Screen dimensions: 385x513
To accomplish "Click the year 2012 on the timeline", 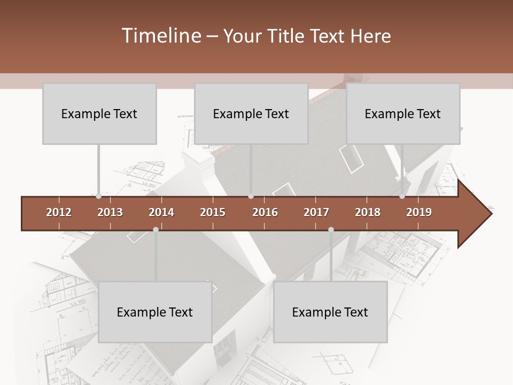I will pyautogui.click(x=59, y=212).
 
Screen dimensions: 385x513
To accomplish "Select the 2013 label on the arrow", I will pyautogui.click(x=110, y=212).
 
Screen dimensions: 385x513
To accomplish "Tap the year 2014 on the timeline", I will pyautogui.click(x=161, y=212).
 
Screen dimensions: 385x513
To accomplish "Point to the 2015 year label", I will pyautogui.click(x=213, y=212).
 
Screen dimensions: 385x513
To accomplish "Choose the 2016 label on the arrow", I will pyautogui.click(x=265, y=212).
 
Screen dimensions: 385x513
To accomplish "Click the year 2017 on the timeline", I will pyautogui.click(x=316, y=212).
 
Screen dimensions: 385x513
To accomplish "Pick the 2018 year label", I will pyautogui.click(x=368, y=212).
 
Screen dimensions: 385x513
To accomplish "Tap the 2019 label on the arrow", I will pyautogui.click(x=419, y=212).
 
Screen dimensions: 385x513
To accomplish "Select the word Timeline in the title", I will pyautogui.click(x=160, y=36).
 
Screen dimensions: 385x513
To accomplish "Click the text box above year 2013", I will pyautogui.click(x=99, y=113).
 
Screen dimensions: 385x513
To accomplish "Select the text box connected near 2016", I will pyautogui.click(x=251, y=113).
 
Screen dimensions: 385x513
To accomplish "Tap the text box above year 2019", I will pyautogui.click(x=403, y=113).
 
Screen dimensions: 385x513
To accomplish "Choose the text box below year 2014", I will pyautogui.click(x=155, y=312).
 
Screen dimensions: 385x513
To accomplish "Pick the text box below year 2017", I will pyautogui.click(x=330, y=312).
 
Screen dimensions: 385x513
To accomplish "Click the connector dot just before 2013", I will pyautogui.click(x=99, y=196).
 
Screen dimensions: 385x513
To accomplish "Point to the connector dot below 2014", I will pyautogui.click(x=156, y=229).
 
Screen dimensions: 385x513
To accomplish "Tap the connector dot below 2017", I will pyautogui.click(x=331, y=229).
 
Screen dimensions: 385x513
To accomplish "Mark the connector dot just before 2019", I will pyautogui.click(x=402, y=196).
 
